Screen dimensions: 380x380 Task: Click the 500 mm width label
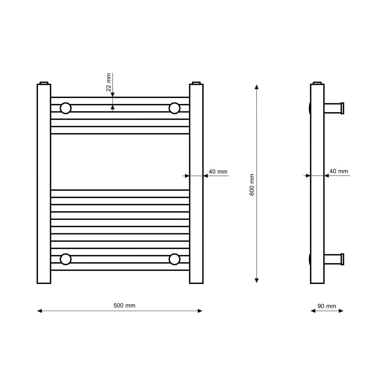pyautogui.click(x=124, y=306)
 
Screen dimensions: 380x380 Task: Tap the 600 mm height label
pyautogui.click(x=252, y=184)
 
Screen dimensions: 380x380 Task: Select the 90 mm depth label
pyautogui.click(x=327, y=306)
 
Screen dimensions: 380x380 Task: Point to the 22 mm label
pyautogui.click(x=109, y=82)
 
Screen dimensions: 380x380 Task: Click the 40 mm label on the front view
pyautogui.click(x=218, y=172)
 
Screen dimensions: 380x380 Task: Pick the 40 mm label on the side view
pyautogui.click(x=339, y=171)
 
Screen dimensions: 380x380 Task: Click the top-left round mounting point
pyautogui.click(x=65, y=108)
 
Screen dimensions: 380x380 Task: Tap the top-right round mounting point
pyautogui.click(x=174, y=108)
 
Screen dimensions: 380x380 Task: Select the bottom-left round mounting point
pyautogui.click(x=65, y=259)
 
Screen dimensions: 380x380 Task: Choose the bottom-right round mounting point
pyautogui.click(x=174, y=259)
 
